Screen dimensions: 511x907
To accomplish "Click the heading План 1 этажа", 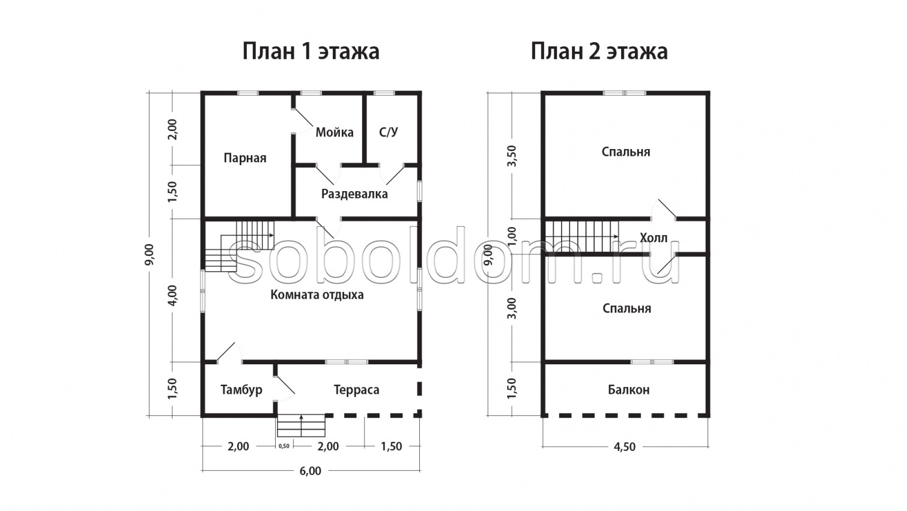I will coord(311,51).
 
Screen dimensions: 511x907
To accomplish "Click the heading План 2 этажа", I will coord(599,51).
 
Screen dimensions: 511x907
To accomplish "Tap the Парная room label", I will coord(244,158).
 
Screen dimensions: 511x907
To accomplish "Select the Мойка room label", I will coord(335,132).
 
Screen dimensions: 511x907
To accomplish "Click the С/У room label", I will coord(389,132).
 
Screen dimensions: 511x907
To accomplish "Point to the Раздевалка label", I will coord(354,194).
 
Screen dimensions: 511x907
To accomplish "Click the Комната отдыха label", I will coord(317,295).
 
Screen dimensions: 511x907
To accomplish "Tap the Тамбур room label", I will coord(241,390).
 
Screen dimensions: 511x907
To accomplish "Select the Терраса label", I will coord(356,390).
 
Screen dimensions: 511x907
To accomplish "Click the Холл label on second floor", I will coord(654,238).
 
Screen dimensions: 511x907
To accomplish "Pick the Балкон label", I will coord(628,390).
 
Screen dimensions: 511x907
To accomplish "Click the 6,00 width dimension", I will coord(311,471).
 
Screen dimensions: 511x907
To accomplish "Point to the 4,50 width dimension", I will coord(625,447).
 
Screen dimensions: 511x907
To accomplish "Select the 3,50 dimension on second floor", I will coord(512,156).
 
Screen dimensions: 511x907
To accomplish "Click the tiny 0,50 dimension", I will coord(284,446).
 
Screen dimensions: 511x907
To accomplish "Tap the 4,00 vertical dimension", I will coord(172,295).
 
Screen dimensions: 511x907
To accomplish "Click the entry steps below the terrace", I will coord(301,425).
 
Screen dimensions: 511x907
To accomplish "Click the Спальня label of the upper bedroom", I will coord(626,151).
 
